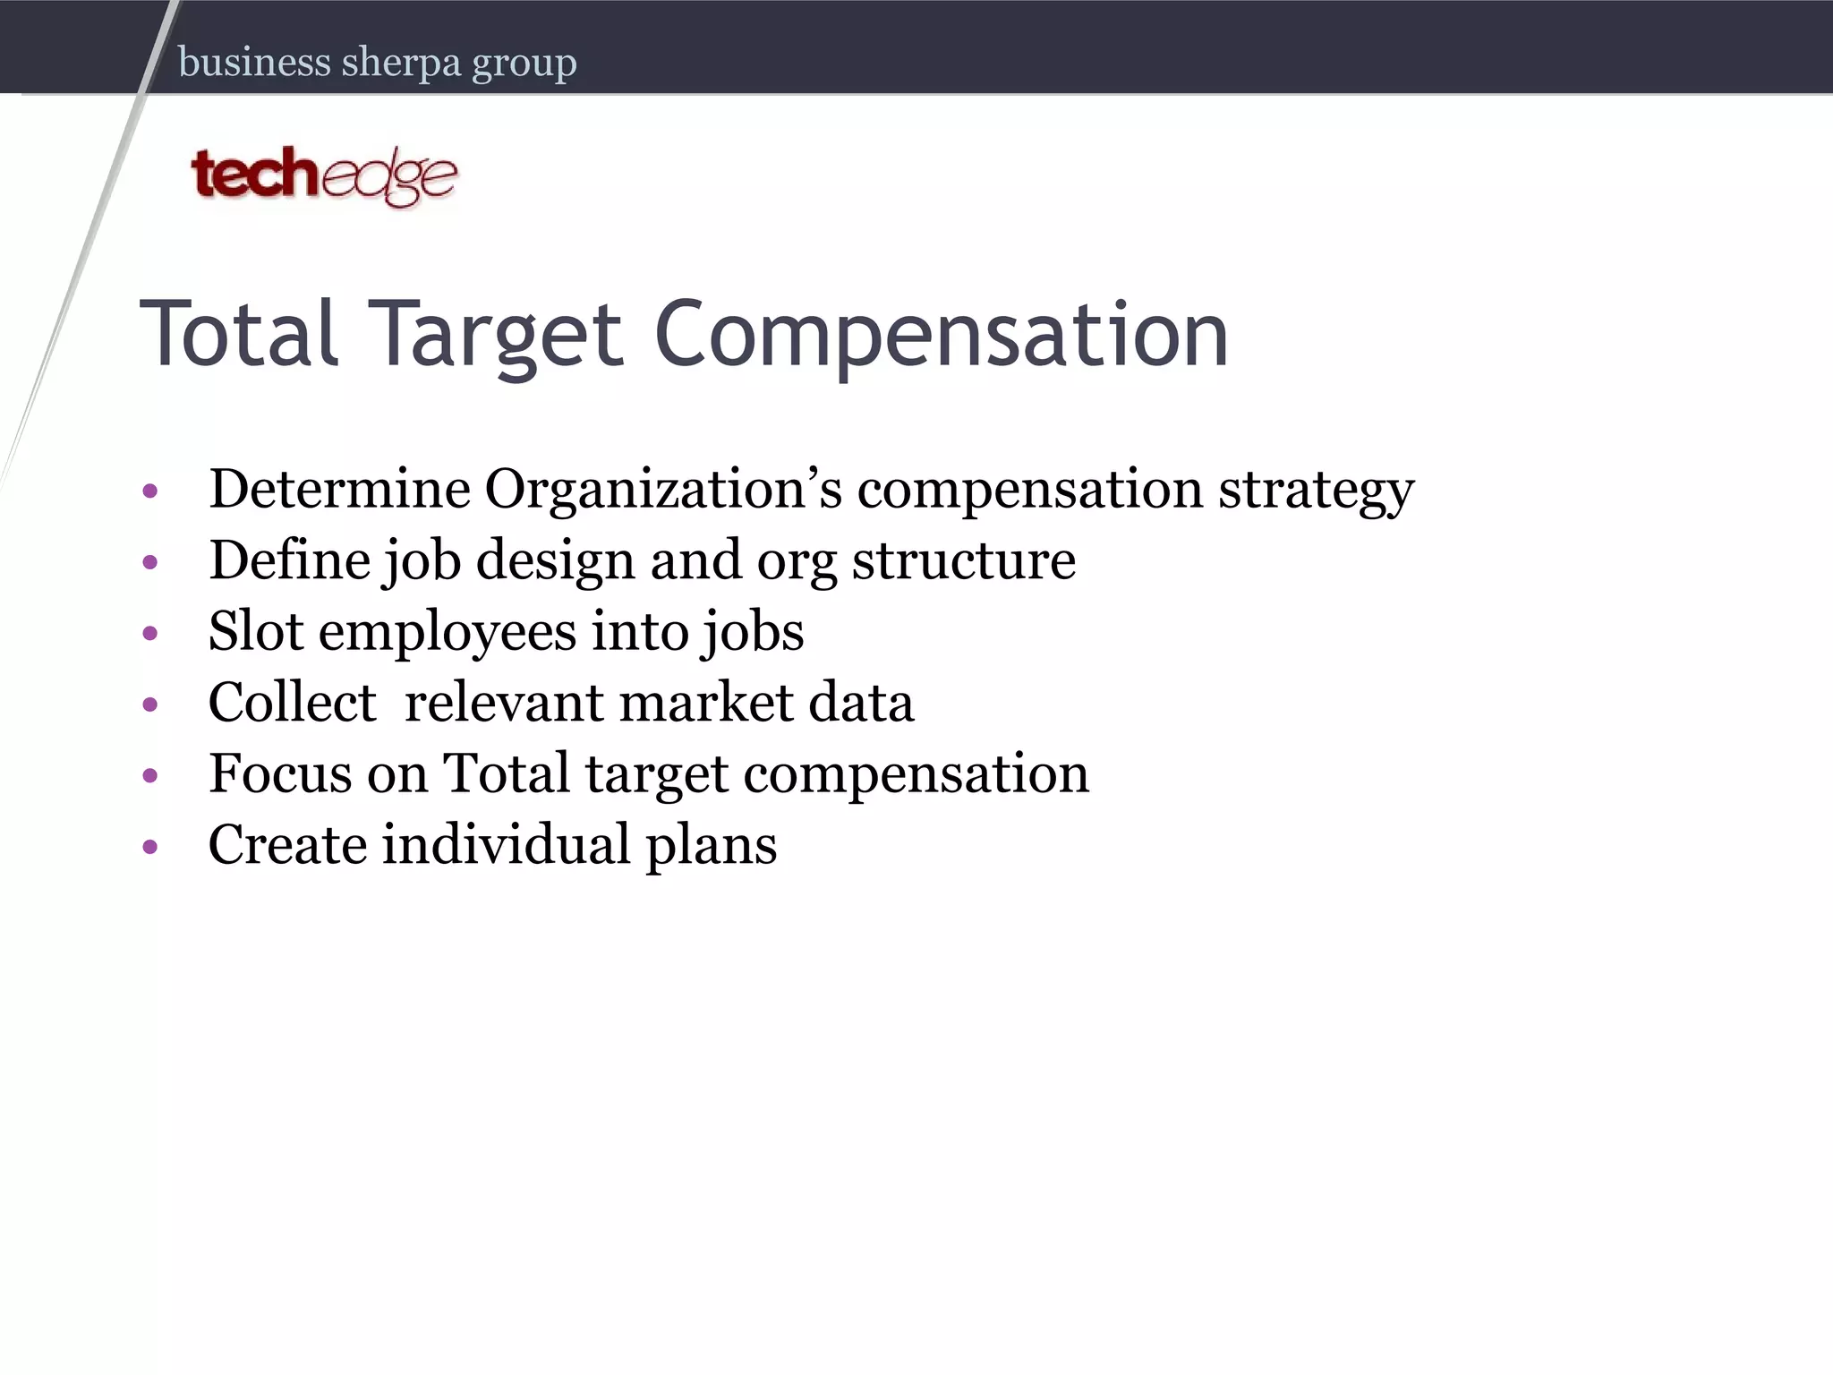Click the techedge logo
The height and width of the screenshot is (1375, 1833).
click(324, 175)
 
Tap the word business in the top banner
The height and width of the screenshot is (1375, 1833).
click(255, 62)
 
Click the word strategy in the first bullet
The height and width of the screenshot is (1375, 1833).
click(1316, 491)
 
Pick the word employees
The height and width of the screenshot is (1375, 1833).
click(448, 632)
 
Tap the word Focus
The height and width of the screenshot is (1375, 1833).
click(280, 773)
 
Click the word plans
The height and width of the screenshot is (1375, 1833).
click(711, 845)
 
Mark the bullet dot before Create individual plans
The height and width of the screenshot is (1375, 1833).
click(150, 846)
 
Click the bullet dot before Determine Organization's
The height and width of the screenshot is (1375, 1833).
click(150, 491)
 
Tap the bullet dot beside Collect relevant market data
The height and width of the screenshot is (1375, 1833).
click(150, 704)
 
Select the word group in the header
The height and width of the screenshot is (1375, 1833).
click(524, 64)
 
